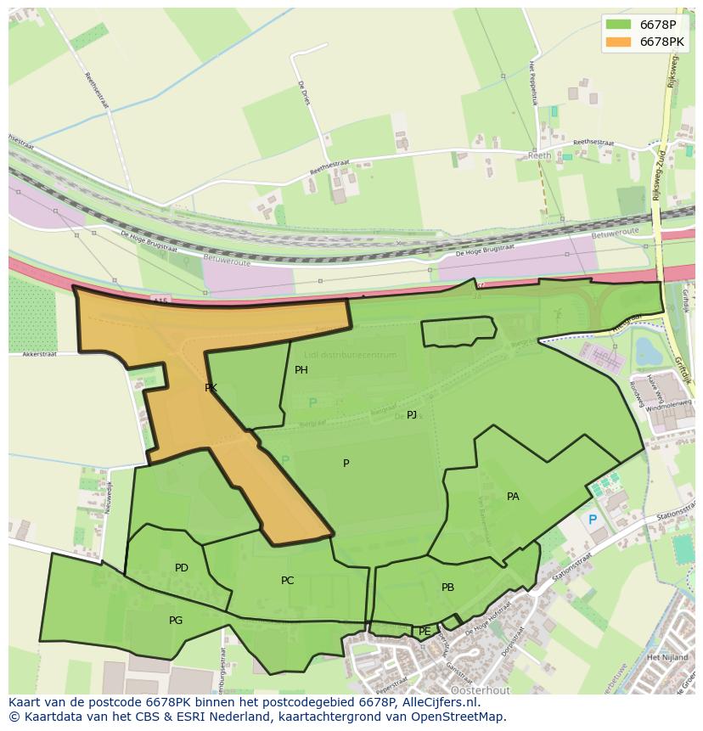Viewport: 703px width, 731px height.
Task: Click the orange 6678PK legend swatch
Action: tap(619, 42)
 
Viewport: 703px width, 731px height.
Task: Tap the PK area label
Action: tap(211, 388)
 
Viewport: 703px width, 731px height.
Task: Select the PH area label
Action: tap(301, 370)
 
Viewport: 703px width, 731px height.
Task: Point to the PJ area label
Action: tap(412, 415)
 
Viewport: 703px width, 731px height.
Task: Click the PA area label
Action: tap(513, 497)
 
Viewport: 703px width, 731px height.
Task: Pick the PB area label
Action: tap(447, 588)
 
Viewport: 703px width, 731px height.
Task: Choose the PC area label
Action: tap(288, 581)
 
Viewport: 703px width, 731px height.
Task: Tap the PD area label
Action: tap(182, 568)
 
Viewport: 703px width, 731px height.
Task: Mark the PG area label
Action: tap(176, 621)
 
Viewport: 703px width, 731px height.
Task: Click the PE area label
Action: tap(425, 632)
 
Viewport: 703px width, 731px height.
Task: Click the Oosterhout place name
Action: tap(474, 689)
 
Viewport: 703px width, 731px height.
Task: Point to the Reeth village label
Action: tap(540, 156)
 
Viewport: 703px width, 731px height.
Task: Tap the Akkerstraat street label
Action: tap(39, 354)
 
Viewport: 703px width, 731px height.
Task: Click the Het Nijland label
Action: tap(665, 657)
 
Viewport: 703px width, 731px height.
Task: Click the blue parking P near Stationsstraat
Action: tap(593, 520)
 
